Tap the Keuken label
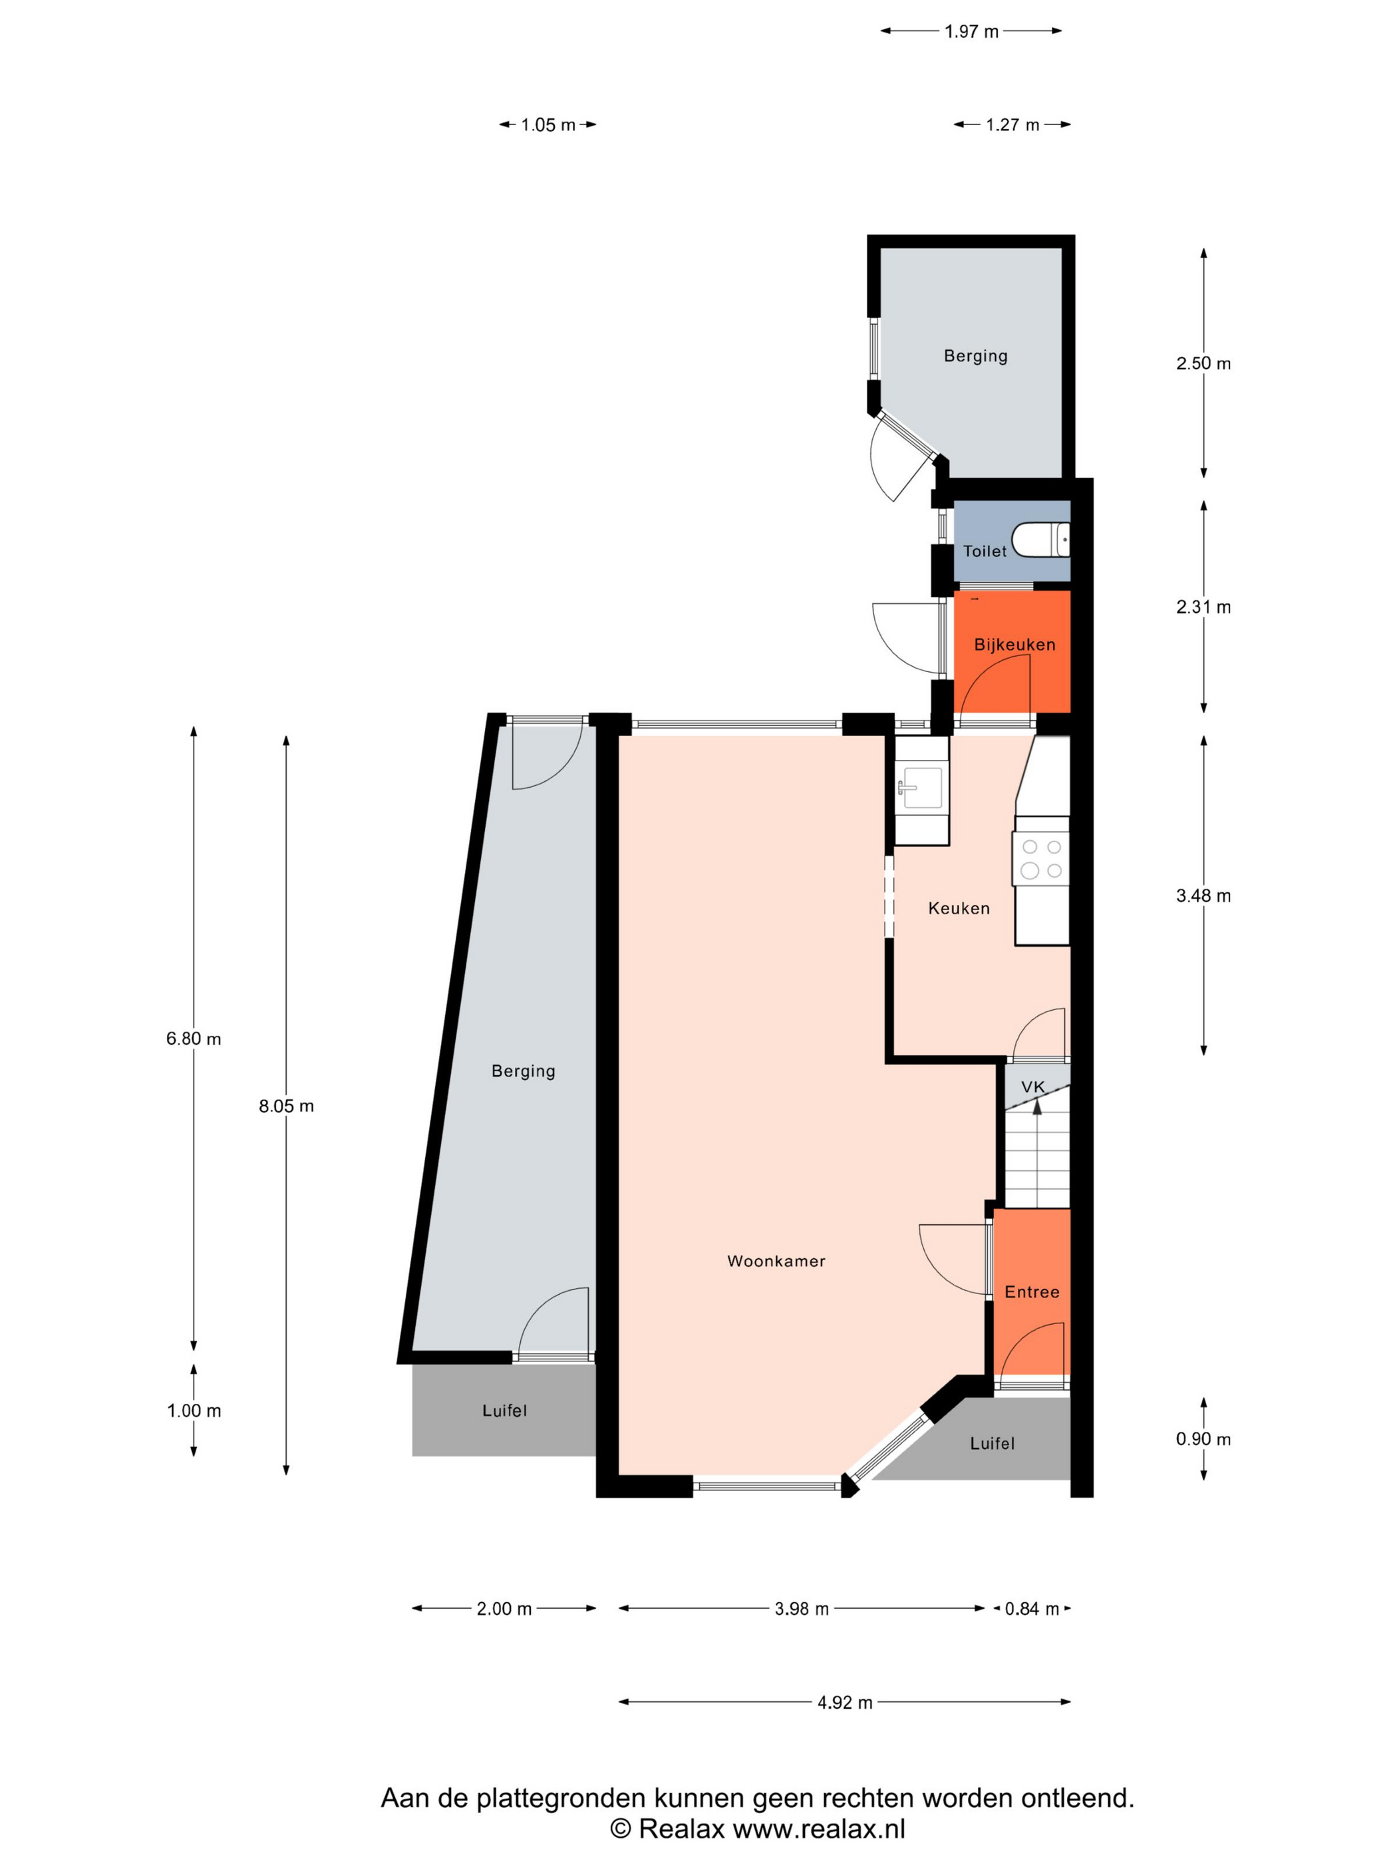click(x=959, y=908)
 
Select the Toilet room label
click(x=985, y=551)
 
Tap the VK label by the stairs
click(x=1032, y=1087)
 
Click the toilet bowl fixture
click(x=1041, y=540)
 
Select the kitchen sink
click(x=922, y=788)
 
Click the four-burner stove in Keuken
click(x=1042, y=858)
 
